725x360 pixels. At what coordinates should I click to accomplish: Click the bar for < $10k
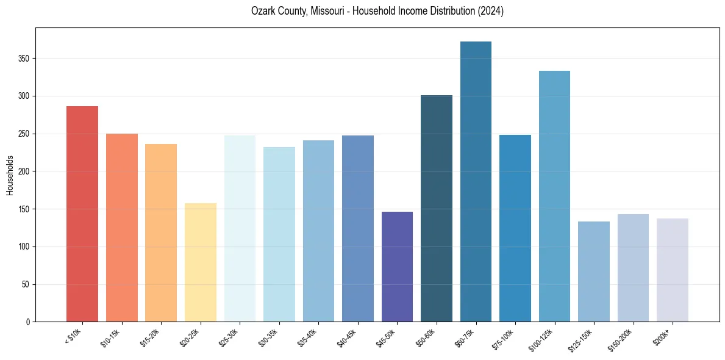tap(82, 214)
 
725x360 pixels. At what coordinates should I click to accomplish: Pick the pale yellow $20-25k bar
tap(201, 262)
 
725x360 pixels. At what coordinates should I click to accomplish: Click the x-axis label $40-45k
tap(346, 337)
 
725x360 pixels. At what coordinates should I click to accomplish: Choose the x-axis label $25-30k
tap(228, 337)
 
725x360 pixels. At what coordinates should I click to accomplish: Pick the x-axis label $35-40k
tap(307, 337)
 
